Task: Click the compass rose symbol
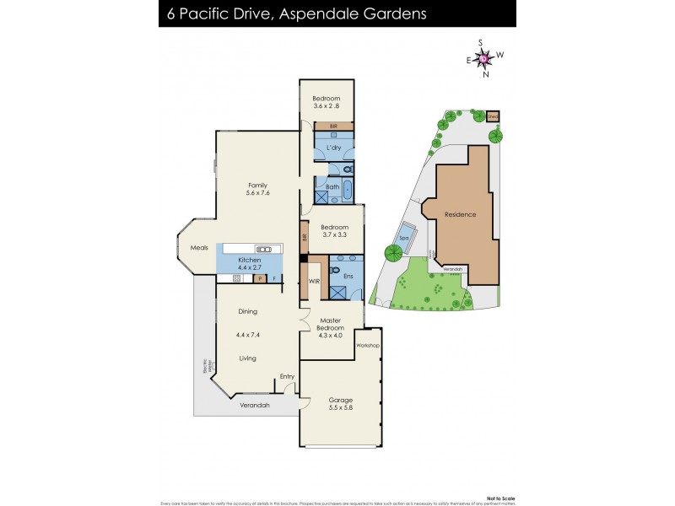484,57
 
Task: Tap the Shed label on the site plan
493,116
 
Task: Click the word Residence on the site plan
461,214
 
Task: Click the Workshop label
368,346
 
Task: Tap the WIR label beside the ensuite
313,280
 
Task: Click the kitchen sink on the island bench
264,249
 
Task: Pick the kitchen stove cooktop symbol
237,277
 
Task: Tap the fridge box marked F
274,277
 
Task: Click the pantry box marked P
260,277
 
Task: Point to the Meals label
199,248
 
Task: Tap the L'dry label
334,148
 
